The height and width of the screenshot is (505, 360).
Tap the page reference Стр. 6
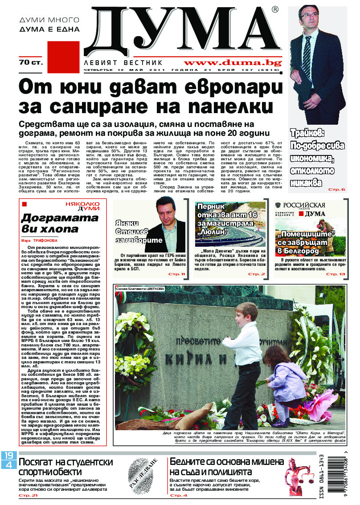point(336,190)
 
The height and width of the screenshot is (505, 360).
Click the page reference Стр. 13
point(335,274)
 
